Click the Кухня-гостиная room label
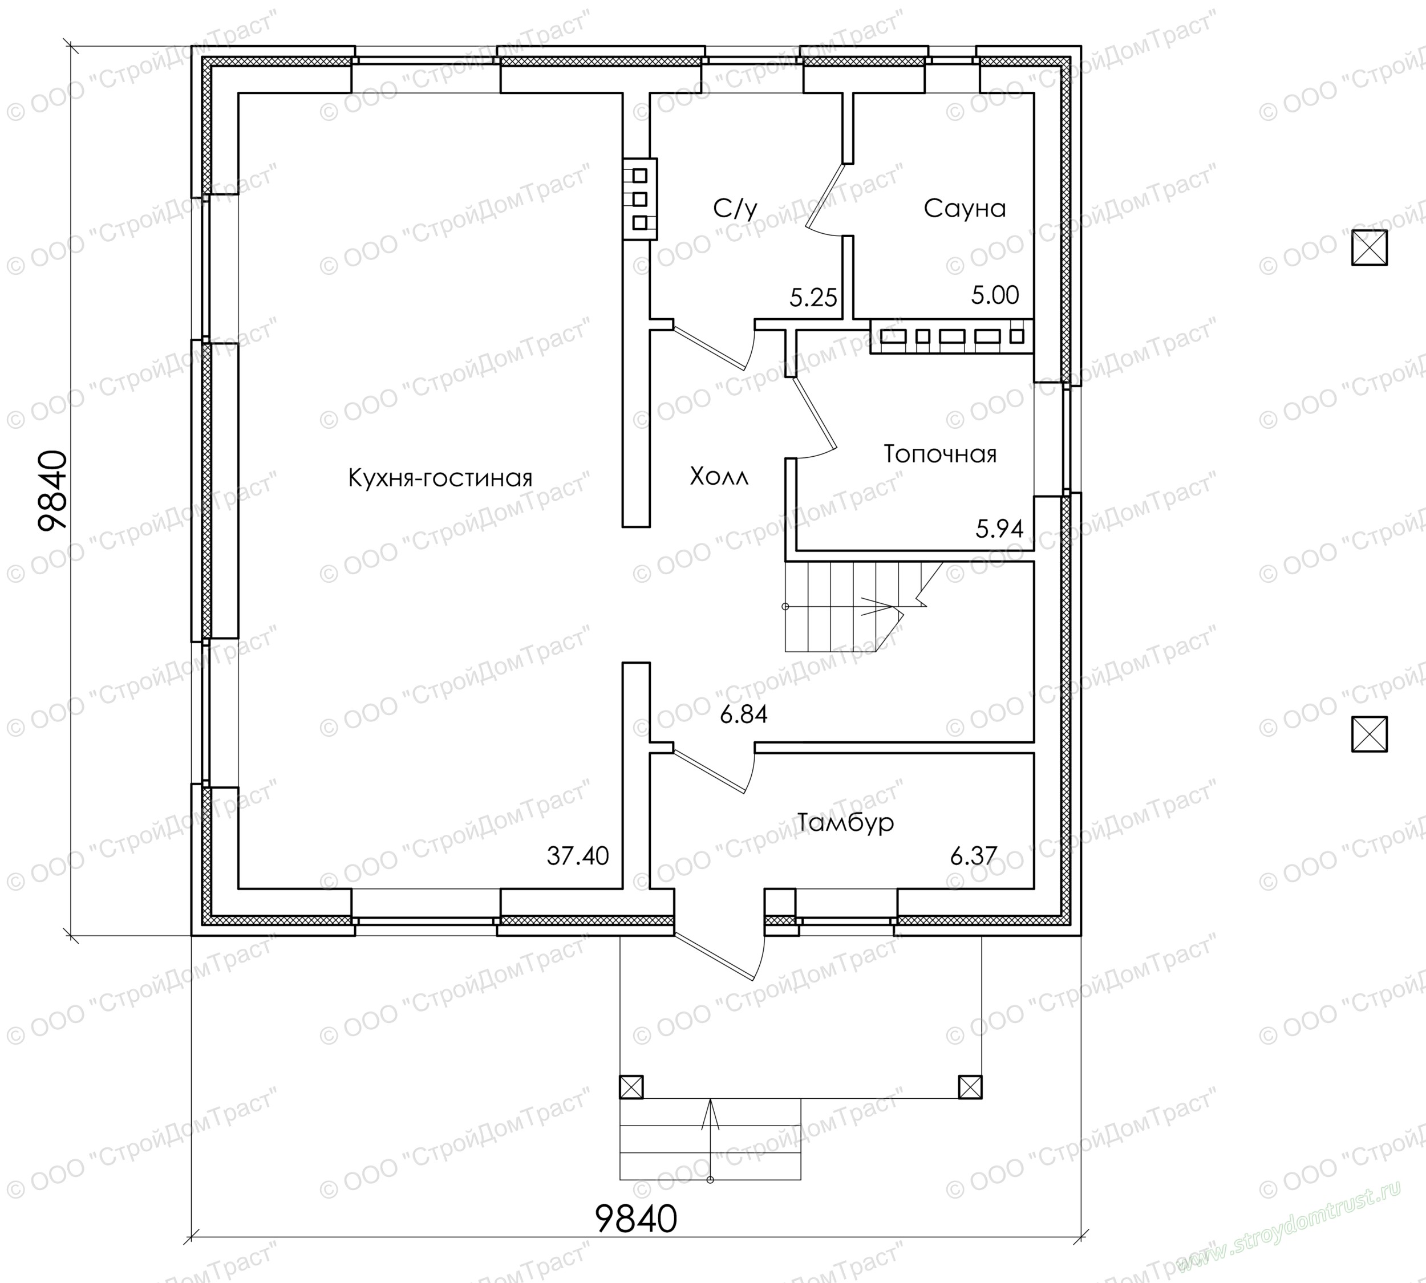[440, 478]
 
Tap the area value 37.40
[578, 856]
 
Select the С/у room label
[736, 208]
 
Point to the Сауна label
[965, 208]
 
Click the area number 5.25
[813, 298]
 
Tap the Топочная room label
[940, 453]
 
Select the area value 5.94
[999, 528]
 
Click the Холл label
[719, 477]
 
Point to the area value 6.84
[743, 715]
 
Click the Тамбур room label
[845, 822]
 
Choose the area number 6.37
[973, 856]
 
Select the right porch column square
[970, 1086]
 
